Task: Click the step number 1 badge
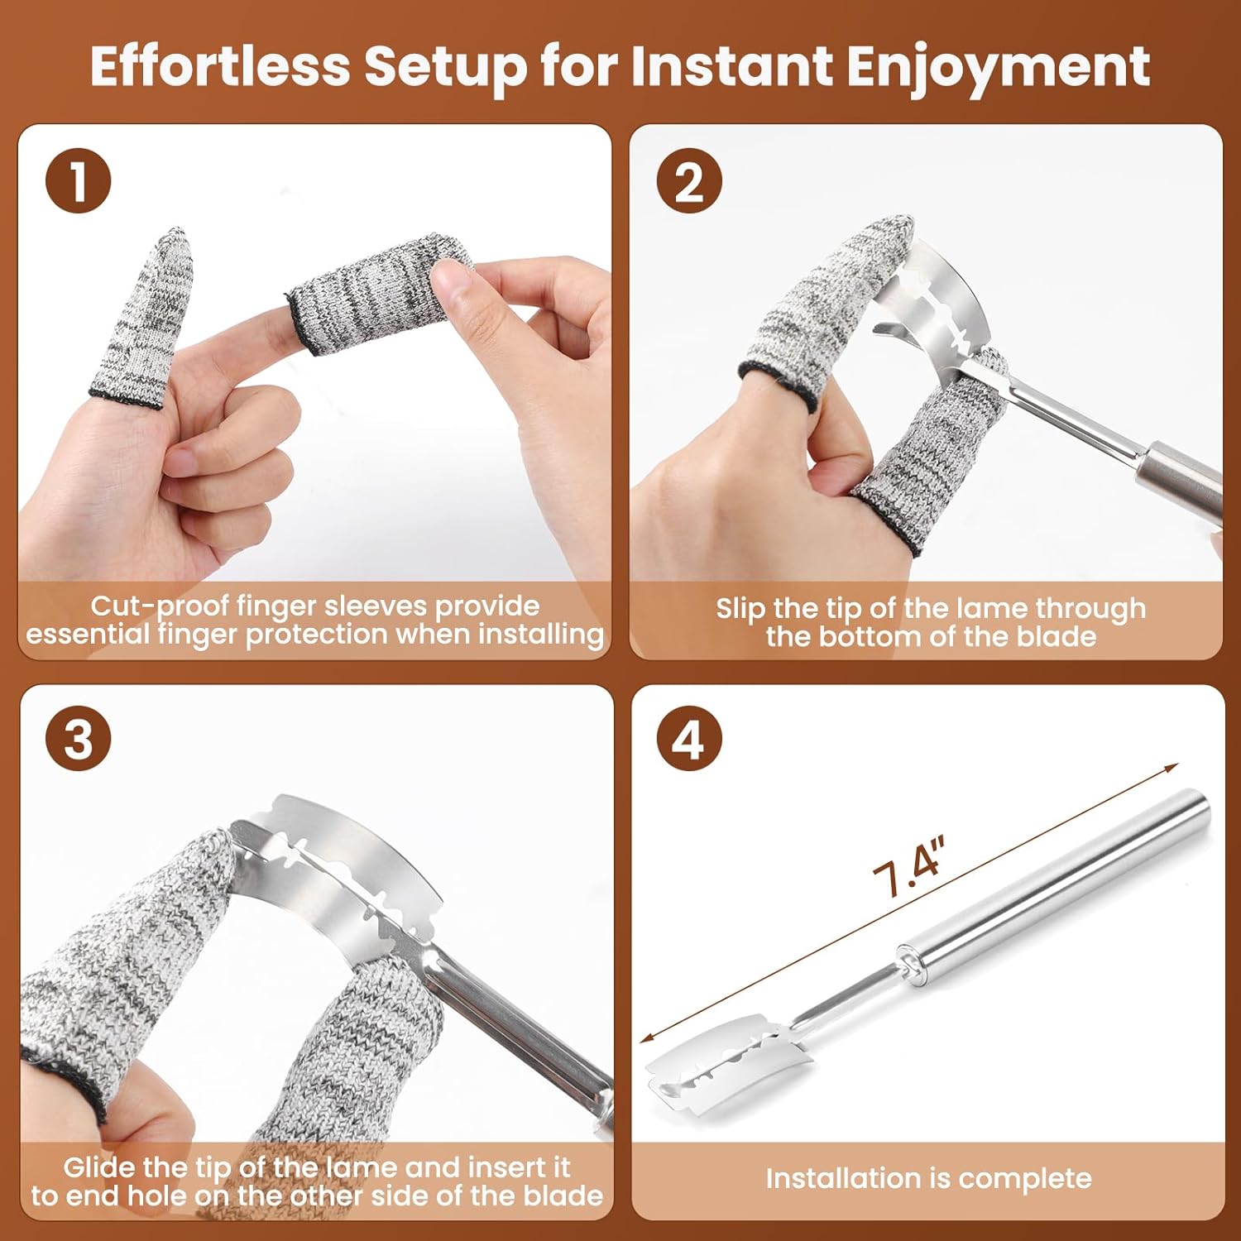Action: pos(79,180)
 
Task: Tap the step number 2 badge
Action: pos(689,180)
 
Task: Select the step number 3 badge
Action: pos(79,739)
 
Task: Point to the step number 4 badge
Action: pos(689,739)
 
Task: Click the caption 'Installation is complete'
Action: pos(928,1178)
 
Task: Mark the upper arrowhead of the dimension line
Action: pos(1172,769)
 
